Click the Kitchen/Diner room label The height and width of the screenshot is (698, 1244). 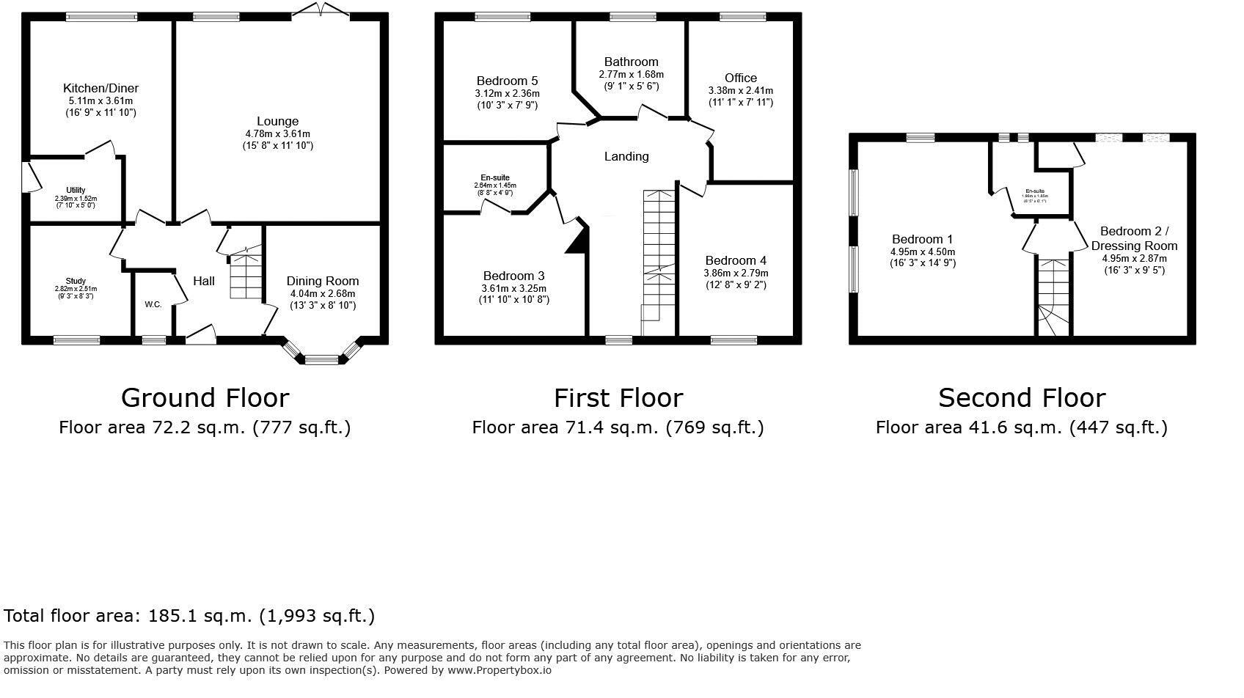(100, 88)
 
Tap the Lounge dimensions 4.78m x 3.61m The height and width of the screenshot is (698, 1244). (277, 134)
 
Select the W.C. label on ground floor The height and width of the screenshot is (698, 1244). (153, 304)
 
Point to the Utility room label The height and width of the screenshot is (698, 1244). (76, 191)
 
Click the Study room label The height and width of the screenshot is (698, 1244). (76, 281)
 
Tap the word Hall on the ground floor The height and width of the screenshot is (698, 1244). (204, 281)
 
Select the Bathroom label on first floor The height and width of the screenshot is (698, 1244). (631, 62)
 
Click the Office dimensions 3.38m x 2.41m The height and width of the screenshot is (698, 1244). (740, 91)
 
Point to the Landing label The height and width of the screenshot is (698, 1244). (626, 156)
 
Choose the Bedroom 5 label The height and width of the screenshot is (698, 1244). (507, 81)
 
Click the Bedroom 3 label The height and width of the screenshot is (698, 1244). (513, 276)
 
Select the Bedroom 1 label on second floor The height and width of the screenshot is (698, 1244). (922, 239)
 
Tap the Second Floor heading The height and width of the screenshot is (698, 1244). (1021, 397)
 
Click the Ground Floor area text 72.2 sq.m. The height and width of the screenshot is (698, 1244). (204, 427)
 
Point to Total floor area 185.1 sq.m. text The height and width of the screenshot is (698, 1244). (189, 616)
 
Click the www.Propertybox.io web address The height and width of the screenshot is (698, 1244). (499, 669)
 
